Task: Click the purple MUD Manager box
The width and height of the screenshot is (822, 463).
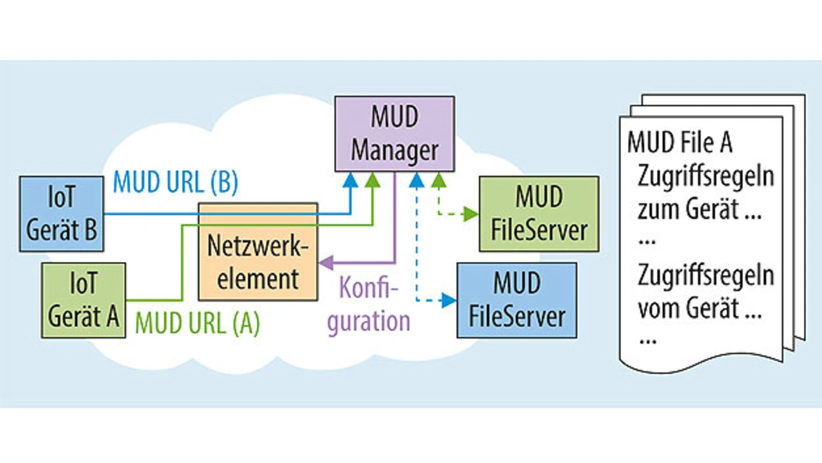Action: coord(394,134)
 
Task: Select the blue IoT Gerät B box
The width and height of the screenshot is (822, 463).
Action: coord(61,214)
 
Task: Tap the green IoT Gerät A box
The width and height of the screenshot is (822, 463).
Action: coord(83,300)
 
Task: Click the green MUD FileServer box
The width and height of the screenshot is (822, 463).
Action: coord(539,213)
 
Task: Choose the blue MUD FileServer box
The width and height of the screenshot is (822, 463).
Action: coord(516,299)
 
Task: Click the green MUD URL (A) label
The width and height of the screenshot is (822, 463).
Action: coord(197,323)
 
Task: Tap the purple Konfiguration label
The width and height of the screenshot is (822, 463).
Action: coord(368,304)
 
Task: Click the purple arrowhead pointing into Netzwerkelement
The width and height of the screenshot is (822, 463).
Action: coord(325,262)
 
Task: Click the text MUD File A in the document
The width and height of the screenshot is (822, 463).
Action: coord(679,142)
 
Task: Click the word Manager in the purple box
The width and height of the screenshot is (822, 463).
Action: coord(394,150)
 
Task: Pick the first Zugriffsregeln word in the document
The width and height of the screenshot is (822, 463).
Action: coord(705,177)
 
